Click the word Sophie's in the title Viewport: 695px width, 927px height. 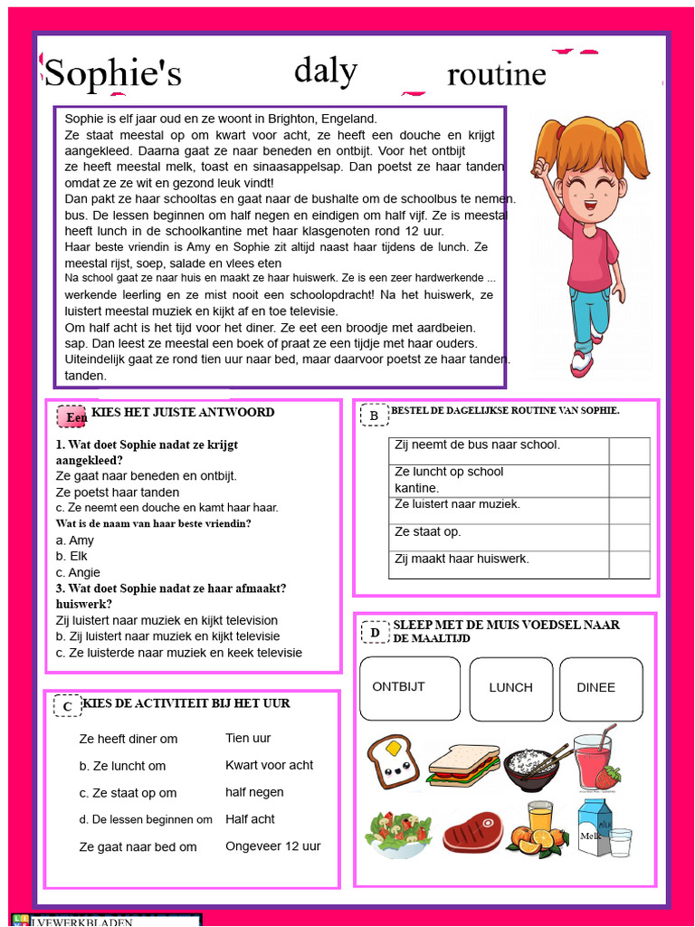click(x=113, y=74)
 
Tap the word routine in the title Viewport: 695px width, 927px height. click(x=497, y=74)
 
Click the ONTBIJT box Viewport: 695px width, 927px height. click(x=409, y=688)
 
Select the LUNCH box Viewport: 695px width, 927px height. click(x=510, y=688)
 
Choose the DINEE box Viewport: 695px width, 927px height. click(x=600, y=688)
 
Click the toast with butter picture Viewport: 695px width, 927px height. click(x=393, y=761)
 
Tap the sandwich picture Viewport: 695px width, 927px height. click(x=463, y=765)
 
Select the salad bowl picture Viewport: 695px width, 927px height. click(x=397, y=832)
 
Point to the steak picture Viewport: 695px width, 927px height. click(x=472, y=831)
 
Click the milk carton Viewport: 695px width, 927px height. click(x=595, y=826)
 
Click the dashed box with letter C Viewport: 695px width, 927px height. click(x=67, y=706)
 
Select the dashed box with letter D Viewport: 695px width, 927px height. click(x=375, y=632)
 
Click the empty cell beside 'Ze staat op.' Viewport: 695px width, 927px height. click(x=629, y=538)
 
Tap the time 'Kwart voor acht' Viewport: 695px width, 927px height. click(x=269, y=765)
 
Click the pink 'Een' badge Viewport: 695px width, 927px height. click(x=72, y=416)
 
